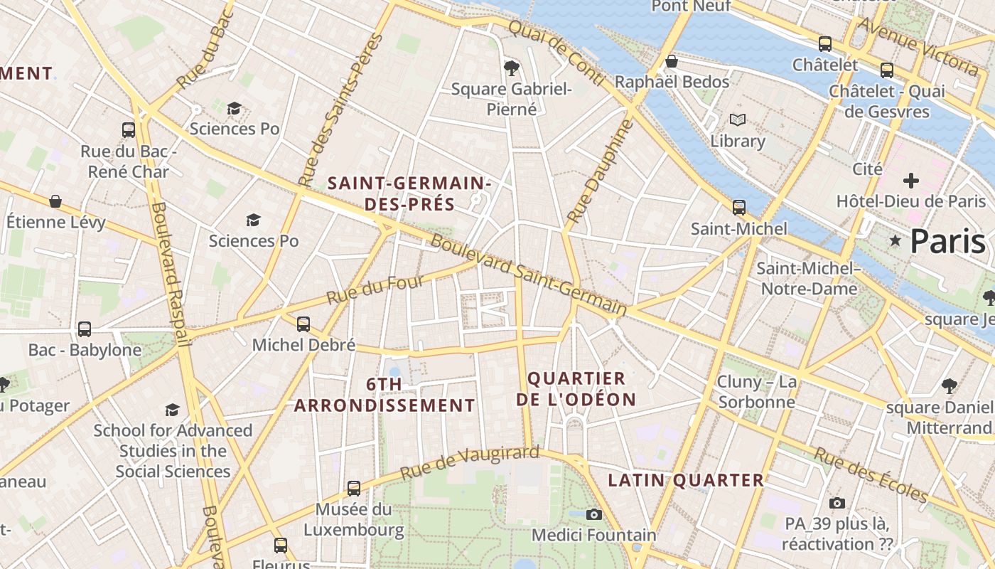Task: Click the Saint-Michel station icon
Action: pos(739,208)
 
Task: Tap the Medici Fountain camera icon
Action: pos(594,514)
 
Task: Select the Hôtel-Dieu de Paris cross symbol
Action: pos(910,180)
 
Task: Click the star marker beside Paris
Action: pos(895,242)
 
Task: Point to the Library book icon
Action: pos(738,120)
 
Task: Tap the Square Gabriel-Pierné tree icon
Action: pos(510,68)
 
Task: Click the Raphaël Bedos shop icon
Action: pos(671,62)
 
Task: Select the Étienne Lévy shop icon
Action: pos(55,201)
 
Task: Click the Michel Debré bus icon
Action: pos(303,324)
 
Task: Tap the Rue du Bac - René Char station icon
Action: pos(129,130)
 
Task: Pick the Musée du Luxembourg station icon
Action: pos(354,489)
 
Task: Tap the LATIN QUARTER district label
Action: pos(686,481)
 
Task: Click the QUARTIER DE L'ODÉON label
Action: pos(576,389)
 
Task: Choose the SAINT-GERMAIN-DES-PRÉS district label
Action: pos(409,193)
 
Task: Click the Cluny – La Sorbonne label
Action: pos(756,392)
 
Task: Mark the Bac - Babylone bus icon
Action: pos(85,329)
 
